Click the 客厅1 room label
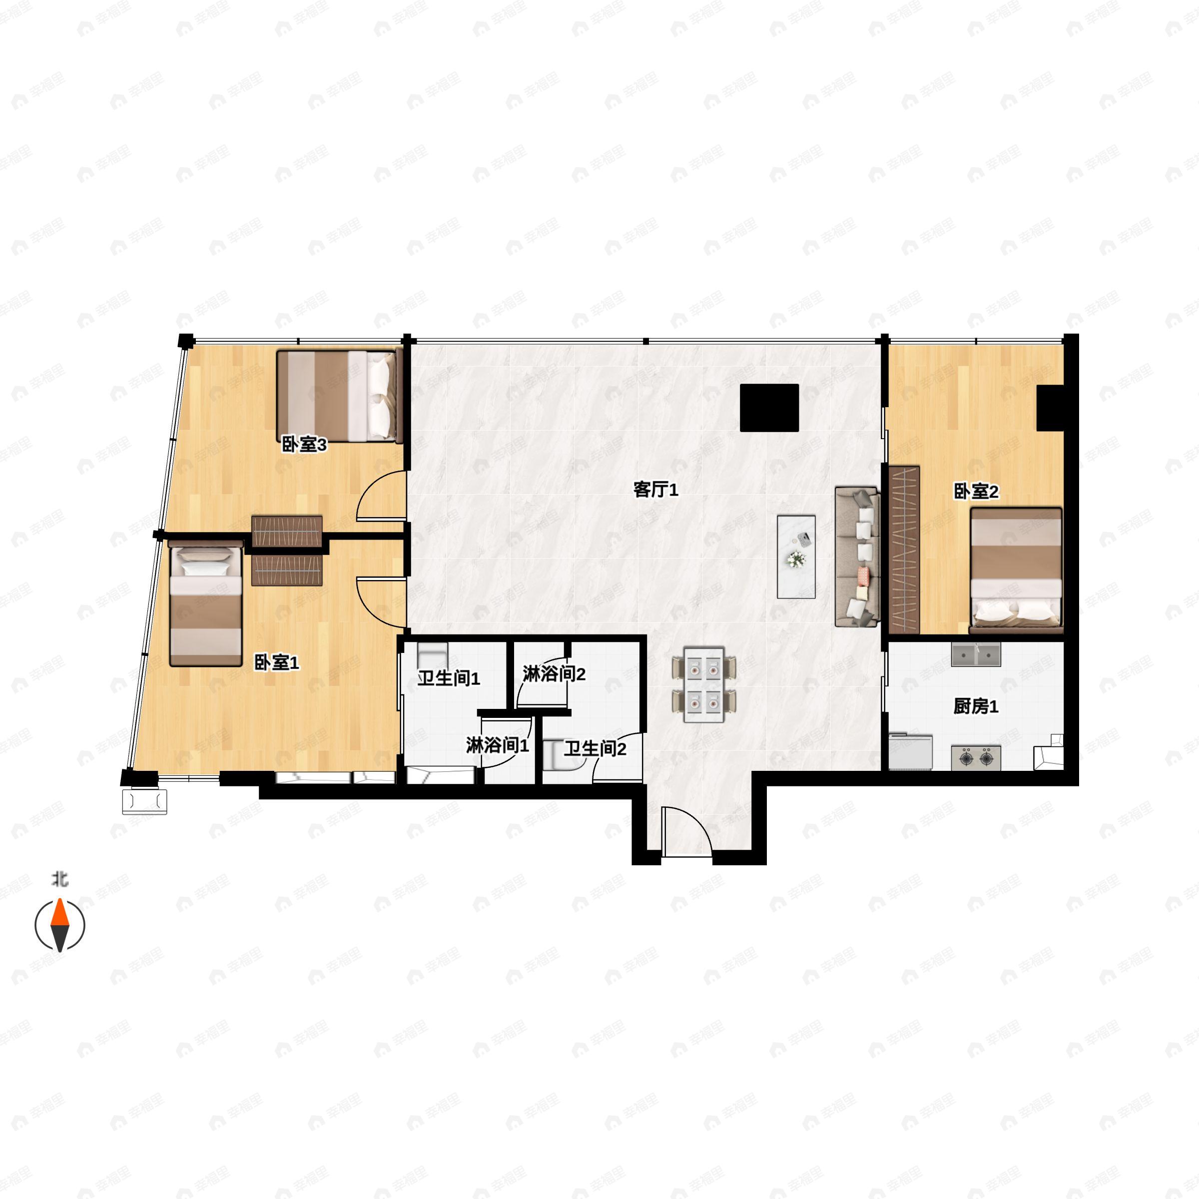coord(655,490)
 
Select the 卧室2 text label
coord(976,492)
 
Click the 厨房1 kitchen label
coord(976,706)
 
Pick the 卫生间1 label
coord(449,678)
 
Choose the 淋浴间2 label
coord(554,674)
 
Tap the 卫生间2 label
coord(595,748)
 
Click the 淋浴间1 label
coord(498,745)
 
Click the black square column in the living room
coord(769,407)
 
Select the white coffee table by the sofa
coord(796,557)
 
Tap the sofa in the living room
coord(858,557)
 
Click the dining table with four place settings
coord(704,684)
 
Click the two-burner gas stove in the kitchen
coord(976,758)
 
